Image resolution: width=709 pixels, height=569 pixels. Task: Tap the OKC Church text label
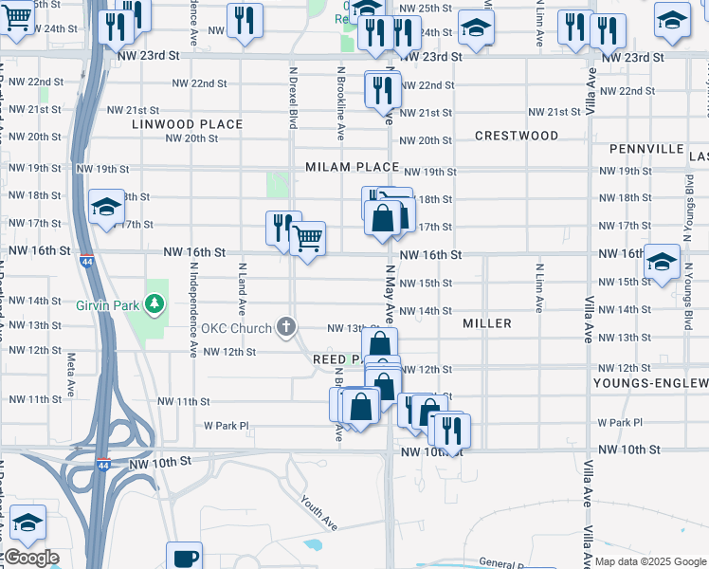[x=237, y=329]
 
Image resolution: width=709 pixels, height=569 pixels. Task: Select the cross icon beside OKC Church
[x=286, y=328]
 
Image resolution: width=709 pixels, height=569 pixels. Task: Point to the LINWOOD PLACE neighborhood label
[x=188, y=124]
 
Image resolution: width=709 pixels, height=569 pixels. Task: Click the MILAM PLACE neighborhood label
[x=352, y=167]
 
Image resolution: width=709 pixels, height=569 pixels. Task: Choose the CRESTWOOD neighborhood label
[x=517, y=136]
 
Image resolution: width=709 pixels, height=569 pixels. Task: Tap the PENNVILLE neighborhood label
[x=646, y=150]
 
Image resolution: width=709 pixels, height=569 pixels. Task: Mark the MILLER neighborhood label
[x=487, y=323]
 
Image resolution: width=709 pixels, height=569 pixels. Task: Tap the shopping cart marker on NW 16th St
[x=307, y=239]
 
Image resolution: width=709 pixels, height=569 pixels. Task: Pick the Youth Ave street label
[x=319, y=513]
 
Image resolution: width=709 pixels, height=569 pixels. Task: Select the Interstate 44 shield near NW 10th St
[x=103, y=464]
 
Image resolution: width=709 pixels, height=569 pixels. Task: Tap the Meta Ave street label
[x=71, y=365]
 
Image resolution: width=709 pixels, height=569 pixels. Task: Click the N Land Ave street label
[x=243, y=288]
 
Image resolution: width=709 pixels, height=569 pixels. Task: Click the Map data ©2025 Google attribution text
[x=649, y=561]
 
